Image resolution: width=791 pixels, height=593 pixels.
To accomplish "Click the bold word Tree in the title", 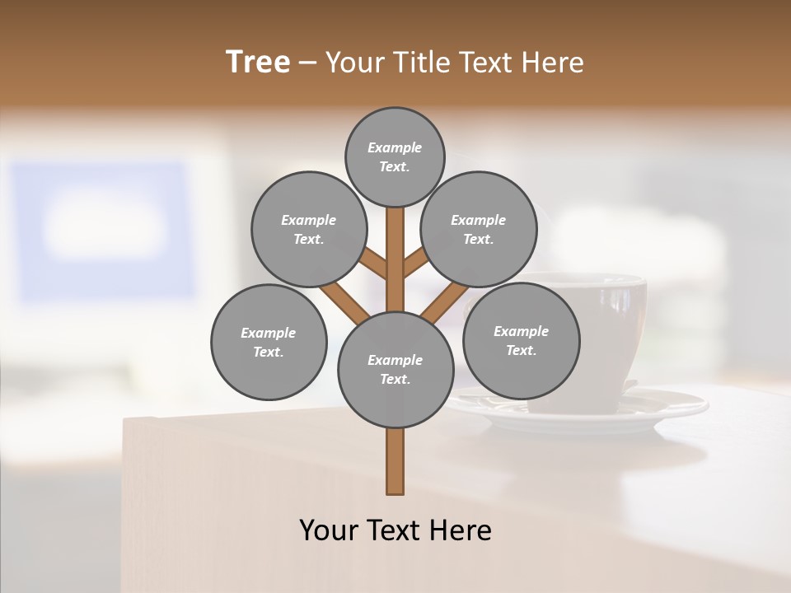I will [x=258, y=62].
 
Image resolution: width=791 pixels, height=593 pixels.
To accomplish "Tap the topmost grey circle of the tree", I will [x=395, y=156].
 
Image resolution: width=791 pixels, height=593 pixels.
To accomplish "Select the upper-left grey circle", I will [x=309, y=229].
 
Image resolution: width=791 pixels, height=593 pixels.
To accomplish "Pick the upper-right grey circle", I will [x=479, y=229].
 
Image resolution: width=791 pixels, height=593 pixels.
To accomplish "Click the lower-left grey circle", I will [x=269, y=342].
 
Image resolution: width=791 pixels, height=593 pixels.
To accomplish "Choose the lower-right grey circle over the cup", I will [x=521, y=340].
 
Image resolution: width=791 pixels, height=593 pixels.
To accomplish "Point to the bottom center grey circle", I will [x=395, y=370].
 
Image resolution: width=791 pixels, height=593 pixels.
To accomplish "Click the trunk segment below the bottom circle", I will [x=395, y=461].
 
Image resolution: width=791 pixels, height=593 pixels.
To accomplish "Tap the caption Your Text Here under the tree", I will [x=395, y=530].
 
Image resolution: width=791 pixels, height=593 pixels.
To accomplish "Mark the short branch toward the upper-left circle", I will [x=375, y=264].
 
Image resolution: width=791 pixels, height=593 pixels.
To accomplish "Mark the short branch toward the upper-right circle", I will [x=415, y=264].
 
